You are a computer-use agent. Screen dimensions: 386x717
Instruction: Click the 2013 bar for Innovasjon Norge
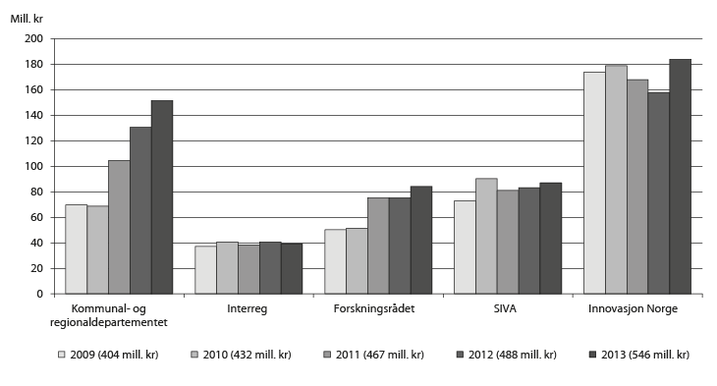point(681,177)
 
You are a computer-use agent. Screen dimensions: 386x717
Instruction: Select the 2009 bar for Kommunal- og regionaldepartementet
point(76,249)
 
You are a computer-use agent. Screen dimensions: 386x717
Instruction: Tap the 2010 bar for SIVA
point(486,236)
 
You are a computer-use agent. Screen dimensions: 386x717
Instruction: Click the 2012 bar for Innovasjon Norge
point(659,193)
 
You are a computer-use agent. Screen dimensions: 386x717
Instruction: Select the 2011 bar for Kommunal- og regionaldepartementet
point(119,227)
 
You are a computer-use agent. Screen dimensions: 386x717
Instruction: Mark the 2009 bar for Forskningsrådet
point(335,262)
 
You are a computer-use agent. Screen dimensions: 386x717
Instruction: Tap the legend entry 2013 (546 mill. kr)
point(637,355)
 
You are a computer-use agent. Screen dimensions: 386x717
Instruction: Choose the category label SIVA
point(508,309)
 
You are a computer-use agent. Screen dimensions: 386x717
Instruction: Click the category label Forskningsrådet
point(378,309)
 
